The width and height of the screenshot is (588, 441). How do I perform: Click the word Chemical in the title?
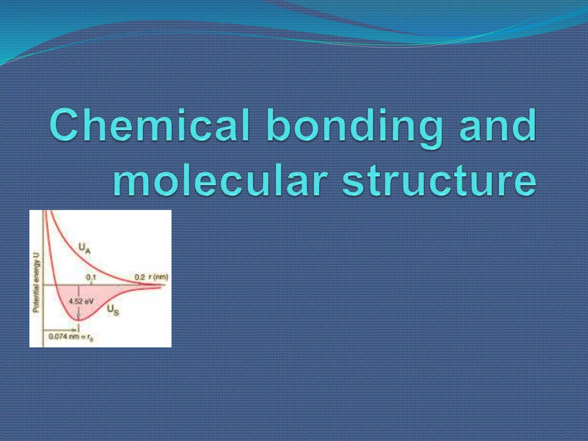(149, 126)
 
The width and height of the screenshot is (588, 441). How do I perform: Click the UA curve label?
(84, 248)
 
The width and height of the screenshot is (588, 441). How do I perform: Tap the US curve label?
(113, 310)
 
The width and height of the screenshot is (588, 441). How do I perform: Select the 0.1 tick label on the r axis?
(91, 277)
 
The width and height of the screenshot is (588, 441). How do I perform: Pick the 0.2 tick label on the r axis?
(140, 277)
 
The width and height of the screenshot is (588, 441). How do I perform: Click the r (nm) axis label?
(158, 277)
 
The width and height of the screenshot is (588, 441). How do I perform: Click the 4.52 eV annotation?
(81, 301)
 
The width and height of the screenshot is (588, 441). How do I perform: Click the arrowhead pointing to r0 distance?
(75, 330)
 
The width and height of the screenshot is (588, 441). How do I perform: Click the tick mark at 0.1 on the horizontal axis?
(91, 284)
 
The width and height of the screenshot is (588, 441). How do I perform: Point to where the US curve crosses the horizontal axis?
(56, 285)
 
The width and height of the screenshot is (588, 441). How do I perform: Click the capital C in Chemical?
(64, 125)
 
